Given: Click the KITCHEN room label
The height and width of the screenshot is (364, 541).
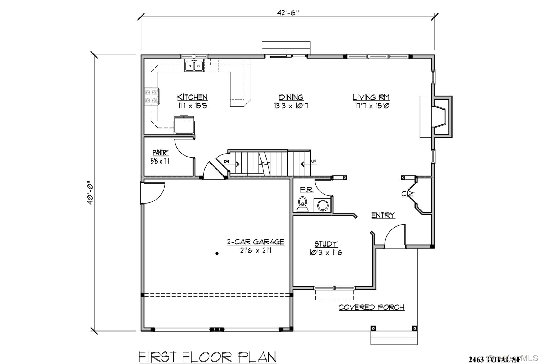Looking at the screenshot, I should click(x=192, y=97).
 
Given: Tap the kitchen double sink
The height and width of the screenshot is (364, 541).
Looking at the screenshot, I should click(x=194, y=66).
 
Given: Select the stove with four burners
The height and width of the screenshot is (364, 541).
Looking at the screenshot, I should click(x=151, y=96).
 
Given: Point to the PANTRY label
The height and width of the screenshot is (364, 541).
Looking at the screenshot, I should click(x=160, y=153).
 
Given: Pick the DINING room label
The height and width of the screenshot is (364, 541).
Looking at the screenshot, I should click(x=291, y=97).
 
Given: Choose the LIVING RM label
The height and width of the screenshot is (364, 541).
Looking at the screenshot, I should click(x=371, y=97).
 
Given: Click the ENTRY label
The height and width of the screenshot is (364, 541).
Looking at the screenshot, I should click(x=383, y=215).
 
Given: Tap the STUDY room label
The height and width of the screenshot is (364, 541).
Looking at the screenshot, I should click(x=326, y=243).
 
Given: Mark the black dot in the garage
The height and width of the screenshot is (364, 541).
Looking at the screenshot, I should click(x=217, y=253).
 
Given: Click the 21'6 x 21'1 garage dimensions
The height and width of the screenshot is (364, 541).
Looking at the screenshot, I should click(x=256, y=250).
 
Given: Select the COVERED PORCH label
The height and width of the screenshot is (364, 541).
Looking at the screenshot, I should click(x=371, y=307).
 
